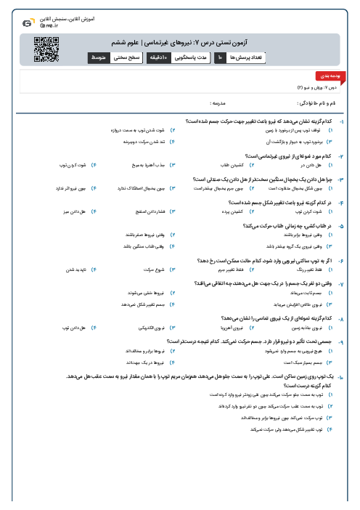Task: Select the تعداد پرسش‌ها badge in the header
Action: (250, 57)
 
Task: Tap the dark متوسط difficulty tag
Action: (99, 57)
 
